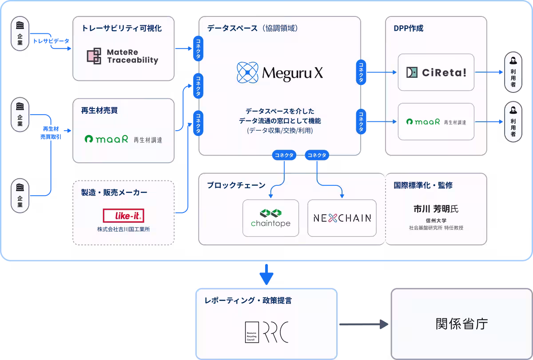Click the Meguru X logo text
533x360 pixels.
[292, 73]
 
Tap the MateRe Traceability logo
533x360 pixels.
[123, 56]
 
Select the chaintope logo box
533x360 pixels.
[270, 218]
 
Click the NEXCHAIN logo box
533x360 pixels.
[342, 218]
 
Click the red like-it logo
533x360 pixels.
[123, 216]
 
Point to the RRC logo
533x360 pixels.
[267, 332]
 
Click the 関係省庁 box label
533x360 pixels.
[461, 324]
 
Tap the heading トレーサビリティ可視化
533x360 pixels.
[122, 28]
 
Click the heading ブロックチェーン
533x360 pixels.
[236, 185]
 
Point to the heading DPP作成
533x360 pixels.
[408, 28]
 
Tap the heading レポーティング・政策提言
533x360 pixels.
[248, 300]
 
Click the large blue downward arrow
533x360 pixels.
[266, 274]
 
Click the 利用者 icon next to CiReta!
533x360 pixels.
[513, 72]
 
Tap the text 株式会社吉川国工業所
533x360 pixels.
[123, 229]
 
